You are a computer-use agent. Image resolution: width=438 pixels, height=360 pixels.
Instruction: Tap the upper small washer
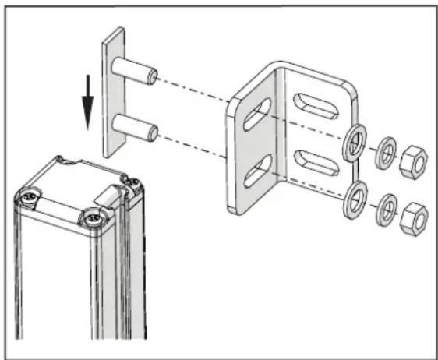point(384,154)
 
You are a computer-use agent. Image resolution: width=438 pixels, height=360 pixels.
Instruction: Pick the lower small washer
point(384,211)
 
